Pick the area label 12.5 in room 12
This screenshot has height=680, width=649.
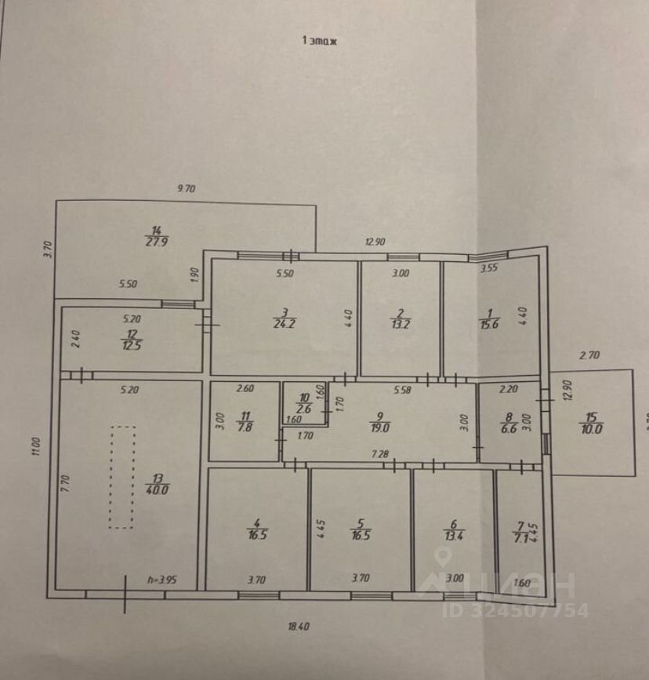(x=130, y=346)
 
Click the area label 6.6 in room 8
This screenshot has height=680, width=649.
(x=508, y=428)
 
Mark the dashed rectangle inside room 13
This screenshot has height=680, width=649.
(x=121, y=477)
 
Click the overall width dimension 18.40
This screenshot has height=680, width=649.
(x=299, y=627)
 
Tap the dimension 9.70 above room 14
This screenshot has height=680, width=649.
(x=186, y=188)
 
